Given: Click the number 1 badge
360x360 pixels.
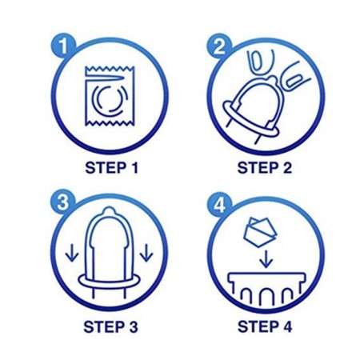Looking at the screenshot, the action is pos(63,46).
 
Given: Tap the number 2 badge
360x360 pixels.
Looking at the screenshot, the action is pos(219,46).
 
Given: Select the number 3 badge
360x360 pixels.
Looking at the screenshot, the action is pos(63,202).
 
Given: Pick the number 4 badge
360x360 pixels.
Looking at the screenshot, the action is pos(220,206).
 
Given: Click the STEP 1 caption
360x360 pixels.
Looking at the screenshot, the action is pos(112,168).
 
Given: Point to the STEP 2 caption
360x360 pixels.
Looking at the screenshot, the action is pos(265,168).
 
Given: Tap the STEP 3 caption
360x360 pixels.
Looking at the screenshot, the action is pos(110,326).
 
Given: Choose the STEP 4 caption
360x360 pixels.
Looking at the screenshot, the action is pos(265,326).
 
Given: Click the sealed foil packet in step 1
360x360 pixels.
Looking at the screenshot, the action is pos(110,96).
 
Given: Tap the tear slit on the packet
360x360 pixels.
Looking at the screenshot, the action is pos(106,78).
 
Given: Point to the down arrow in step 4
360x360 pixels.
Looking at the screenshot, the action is pos(266,258).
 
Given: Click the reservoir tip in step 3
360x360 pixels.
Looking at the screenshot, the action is pos(108,211).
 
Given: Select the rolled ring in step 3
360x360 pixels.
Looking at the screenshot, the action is pos(109,281).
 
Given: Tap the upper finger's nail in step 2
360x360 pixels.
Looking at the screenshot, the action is pos(257,62).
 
